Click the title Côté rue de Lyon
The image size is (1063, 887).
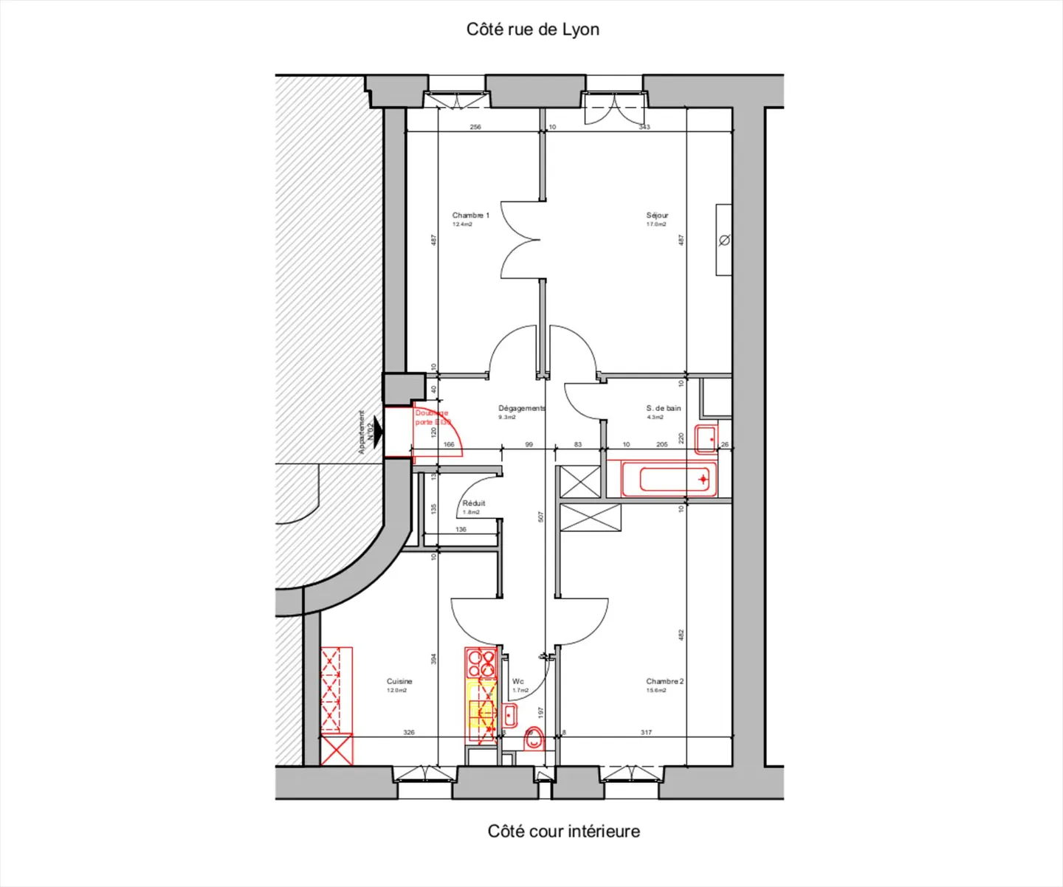pyautogui.click(x=532, y=30)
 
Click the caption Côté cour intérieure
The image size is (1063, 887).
pyautogui.click(x=563, y=831)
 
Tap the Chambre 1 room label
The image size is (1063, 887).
pyautogui.click(x=470, y=215)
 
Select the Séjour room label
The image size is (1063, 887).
pyautogui.click(x=657, y=215)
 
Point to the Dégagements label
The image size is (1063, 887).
pyautogui.click(x=521, y=408)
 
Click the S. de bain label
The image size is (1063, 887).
pyautogui.click(x=663, y=408)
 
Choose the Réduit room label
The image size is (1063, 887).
pyautogui.click(x=473, y=503)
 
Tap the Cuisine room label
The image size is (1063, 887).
pyautogui.click(x=399, y=682)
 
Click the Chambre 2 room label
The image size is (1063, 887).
pyautogui.click(x=664, y=682)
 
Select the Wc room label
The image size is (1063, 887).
pyautogui.click(x=517, y=682)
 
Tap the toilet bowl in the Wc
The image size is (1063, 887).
pyautogui.click(x=533, y=739)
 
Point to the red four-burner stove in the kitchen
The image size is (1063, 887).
pyautogui.click(x=481, y=662)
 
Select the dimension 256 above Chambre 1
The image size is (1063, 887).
pyautogui.click(x=475, y=127)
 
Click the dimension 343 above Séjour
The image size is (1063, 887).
pyautogui.click(x=644, y=127)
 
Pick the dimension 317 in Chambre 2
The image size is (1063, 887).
pyautogui.click(x=646, y=733)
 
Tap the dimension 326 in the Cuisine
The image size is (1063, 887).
pyautogui.click(x=409, y=733)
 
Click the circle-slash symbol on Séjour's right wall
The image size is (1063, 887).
pyautogui.click(x=724, y=240)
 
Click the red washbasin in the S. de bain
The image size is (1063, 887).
pyautogui.click(x=706, y=439)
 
